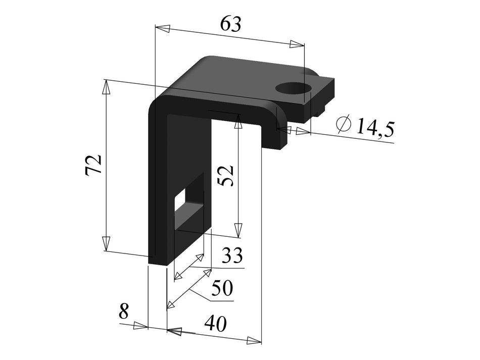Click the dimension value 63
click(231, 24)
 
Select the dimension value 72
click(94, 165)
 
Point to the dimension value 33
click(232, 255)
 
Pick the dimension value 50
click(222, 289)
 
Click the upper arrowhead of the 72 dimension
click(106, 87)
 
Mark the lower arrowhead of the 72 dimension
click(106, 243)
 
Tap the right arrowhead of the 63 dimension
click(297, 45)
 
